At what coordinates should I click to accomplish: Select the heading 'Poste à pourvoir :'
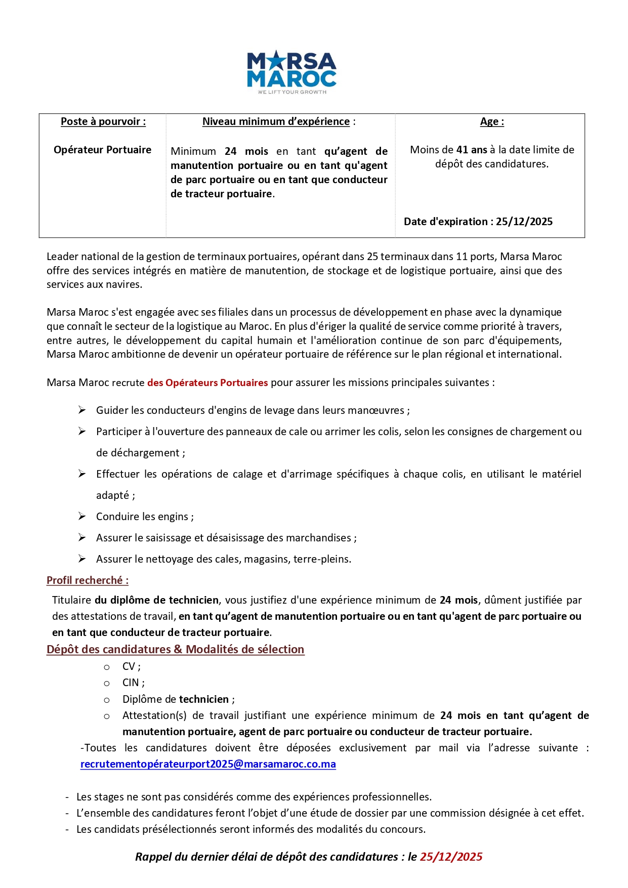(103, 121)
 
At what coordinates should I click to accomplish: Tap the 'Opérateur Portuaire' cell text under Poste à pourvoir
(102, 150)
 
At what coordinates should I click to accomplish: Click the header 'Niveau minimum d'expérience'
(276, 121)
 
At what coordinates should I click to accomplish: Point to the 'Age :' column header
(491, 121)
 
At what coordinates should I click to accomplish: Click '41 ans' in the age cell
(472, 150)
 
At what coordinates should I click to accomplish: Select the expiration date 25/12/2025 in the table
(524, 222)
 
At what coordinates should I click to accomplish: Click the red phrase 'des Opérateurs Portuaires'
(207, 383)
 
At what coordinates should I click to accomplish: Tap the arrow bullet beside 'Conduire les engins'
(82, 516)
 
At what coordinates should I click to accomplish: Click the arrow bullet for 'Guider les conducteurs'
(82, 410)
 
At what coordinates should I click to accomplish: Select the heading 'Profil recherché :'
(88, 580)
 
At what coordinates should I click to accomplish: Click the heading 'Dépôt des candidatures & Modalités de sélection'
(175, 649)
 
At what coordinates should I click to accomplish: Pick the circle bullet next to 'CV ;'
(107, 667)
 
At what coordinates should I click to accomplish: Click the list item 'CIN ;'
(133, 683)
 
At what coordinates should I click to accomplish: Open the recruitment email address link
(208, 764)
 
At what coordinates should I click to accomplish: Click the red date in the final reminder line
(451, 857)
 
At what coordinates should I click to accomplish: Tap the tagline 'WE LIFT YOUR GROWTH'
(292, 92)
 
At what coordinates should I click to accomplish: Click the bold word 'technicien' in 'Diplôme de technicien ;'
(204, 699)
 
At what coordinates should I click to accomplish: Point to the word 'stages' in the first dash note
(108, 797)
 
